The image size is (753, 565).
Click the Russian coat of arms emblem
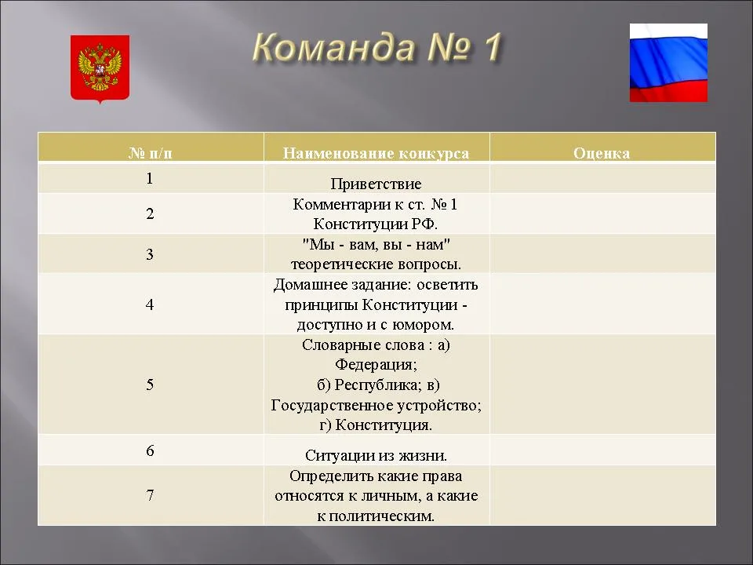pos(100,69)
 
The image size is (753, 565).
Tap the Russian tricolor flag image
pos(668,63)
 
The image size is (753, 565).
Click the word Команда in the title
pos(333,48)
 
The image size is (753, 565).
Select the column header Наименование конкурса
pos(376,153)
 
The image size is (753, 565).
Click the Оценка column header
pos(602,153)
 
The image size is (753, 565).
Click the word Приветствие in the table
pos(376,184)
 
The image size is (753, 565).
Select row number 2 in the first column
pos(151,213)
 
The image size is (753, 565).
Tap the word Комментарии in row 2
pos(342,205)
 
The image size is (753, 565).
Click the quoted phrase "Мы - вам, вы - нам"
pos(376,245)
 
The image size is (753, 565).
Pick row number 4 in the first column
pos(151,304)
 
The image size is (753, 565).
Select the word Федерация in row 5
pos(376,365)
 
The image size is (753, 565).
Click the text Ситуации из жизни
pos(376,455)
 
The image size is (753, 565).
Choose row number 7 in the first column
pos(151,495)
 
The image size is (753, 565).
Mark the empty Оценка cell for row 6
pos(602,450)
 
